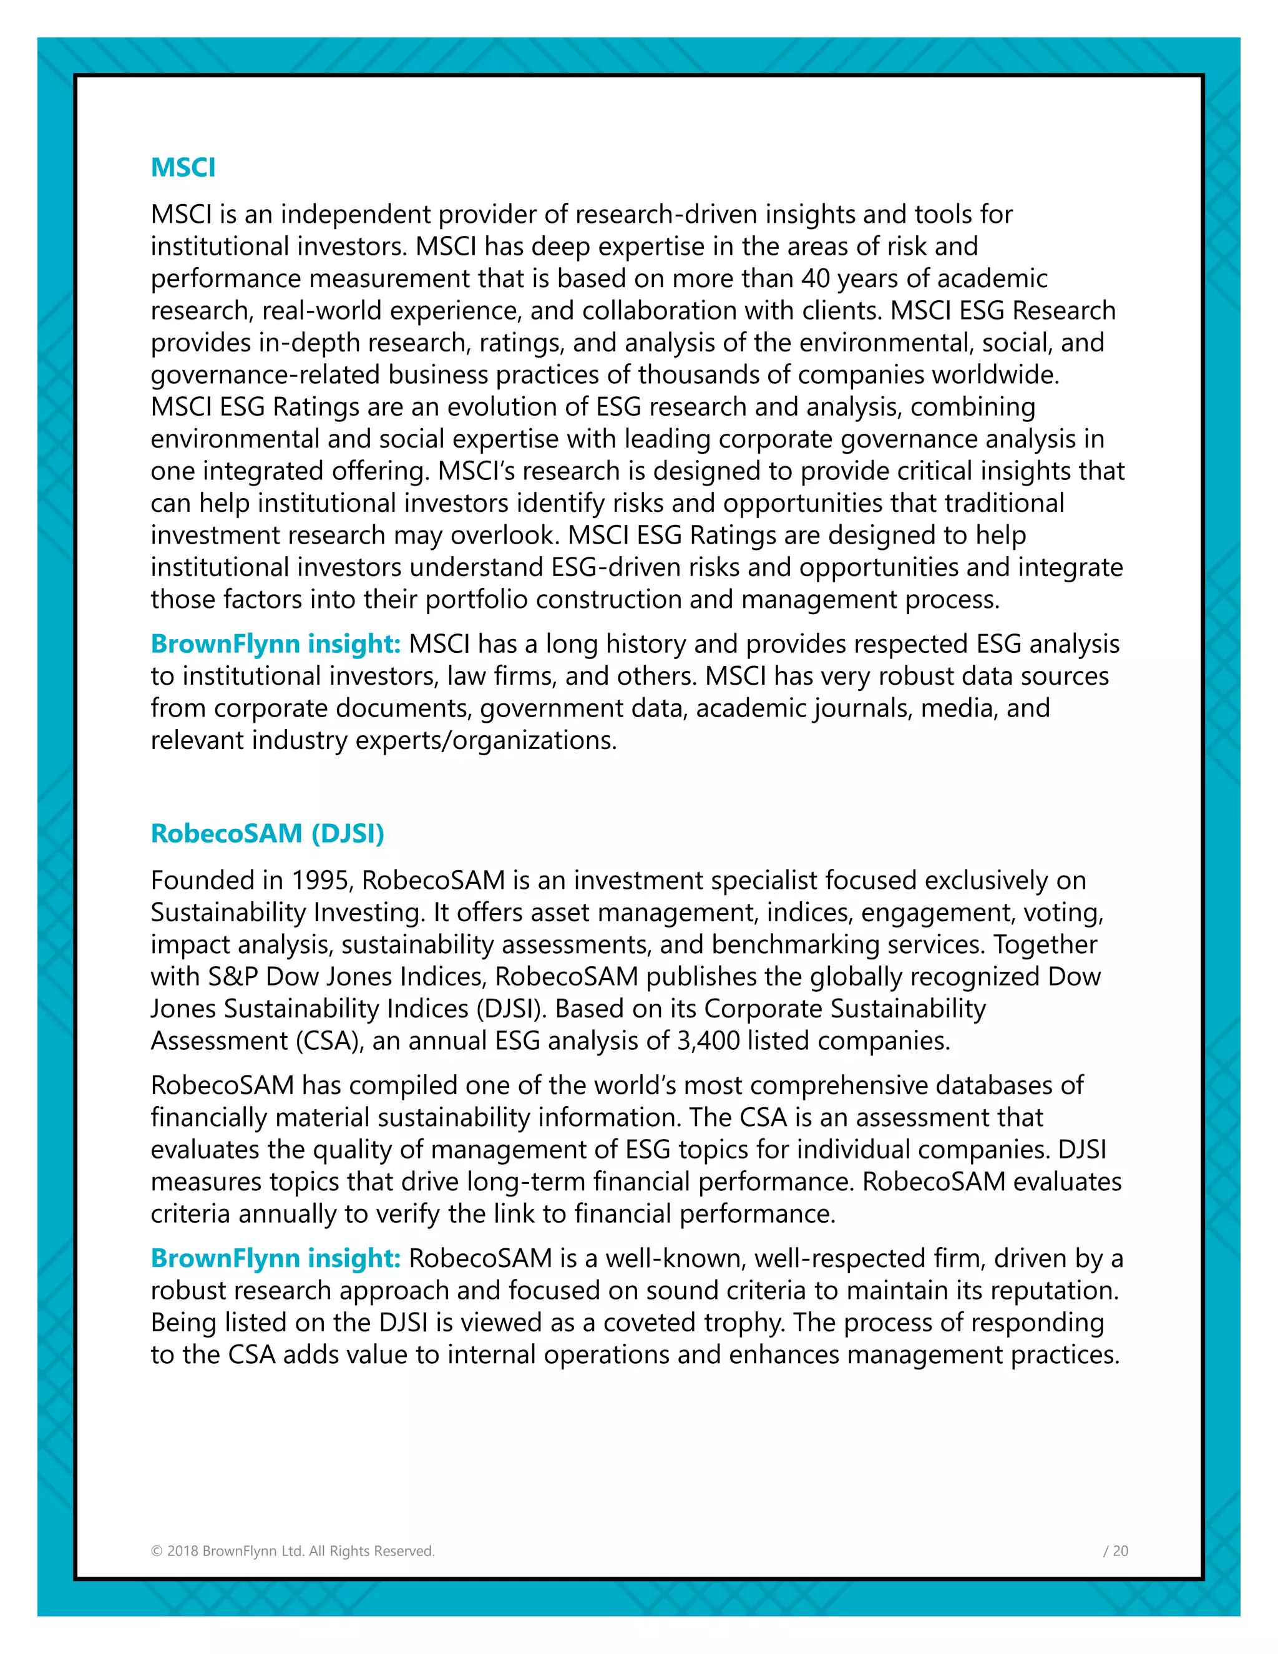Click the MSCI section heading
(x=183, y=167)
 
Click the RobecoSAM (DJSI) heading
(x=267, y=833)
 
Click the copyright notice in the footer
(x=293, y=1551)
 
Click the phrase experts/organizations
(x=485, y=740)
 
